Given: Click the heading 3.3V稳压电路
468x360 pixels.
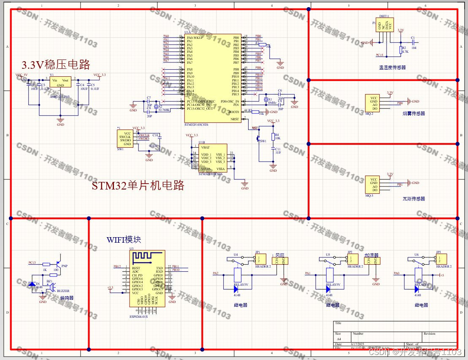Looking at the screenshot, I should pos(56,65).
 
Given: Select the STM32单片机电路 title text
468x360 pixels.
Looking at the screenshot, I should pos(138,186).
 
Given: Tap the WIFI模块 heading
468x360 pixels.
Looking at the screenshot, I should pos(124,240).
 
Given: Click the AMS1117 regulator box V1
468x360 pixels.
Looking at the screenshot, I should pos(60,83).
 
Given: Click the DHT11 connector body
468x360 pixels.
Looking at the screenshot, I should pos(385,25).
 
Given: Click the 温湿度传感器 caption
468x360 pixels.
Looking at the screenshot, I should pos(392,67).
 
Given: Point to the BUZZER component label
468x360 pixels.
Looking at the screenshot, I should pos(63,291).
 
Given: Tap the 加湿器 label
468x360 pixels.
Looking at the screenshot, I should pos(372,255).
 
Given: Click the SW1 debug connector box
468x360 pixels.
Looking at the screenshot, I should pos(125,138).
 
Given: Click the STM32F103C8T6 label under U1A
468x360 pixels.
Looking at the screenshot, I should pos(197,125).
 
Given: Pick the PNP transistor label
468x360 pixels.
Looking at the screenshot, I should pos(64,266).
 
